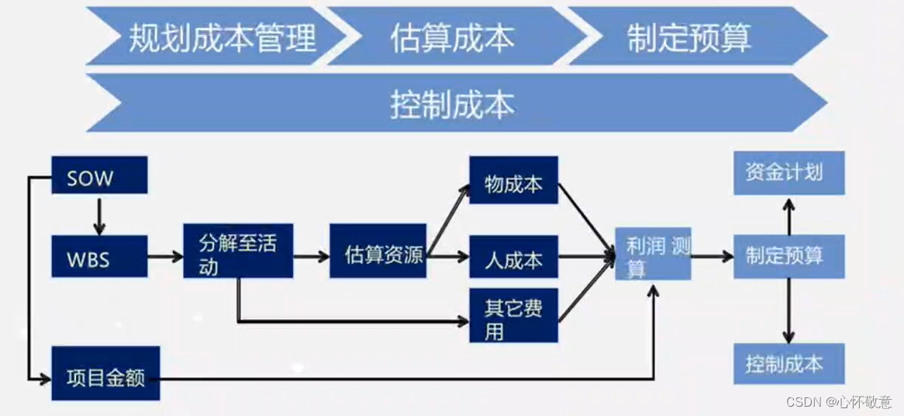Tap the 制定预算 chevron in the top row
pos(690,36)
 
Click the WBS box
pos(99,257)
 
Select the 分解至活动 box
pos(238,251)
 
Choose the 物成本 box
pos(513,181)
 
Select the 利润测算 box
pos(653,255)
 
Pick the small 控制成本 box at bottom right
pos(788,364)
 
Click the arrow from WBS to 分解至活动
pos(164,256)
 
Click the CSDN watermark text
pos(838,402)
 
